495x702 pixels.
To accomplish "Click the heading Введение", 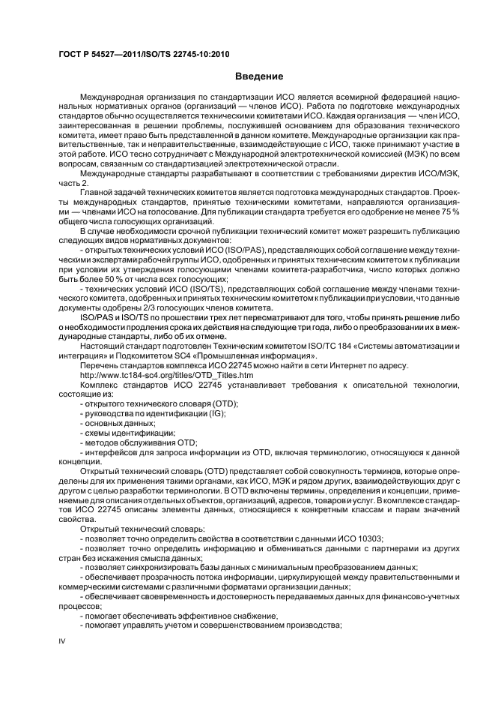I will pyautogui.click(x=260, y=76).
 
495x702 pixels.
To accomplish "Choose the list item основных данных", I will pyautogui.click(x=112, y=424).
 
